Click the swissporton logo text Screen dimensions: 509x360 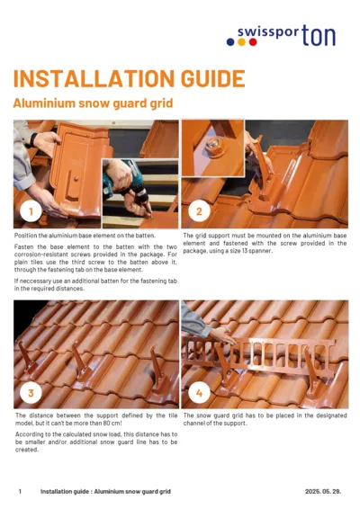(289, 36)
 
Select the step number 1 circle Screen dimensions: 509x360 (31, 212)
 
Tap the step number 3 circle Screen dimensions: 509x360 (31, 393)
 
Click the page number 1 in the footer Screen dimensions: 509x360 (20, 492)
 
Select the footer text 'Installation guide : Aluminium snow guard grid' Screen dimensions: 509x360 (105, 492)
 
